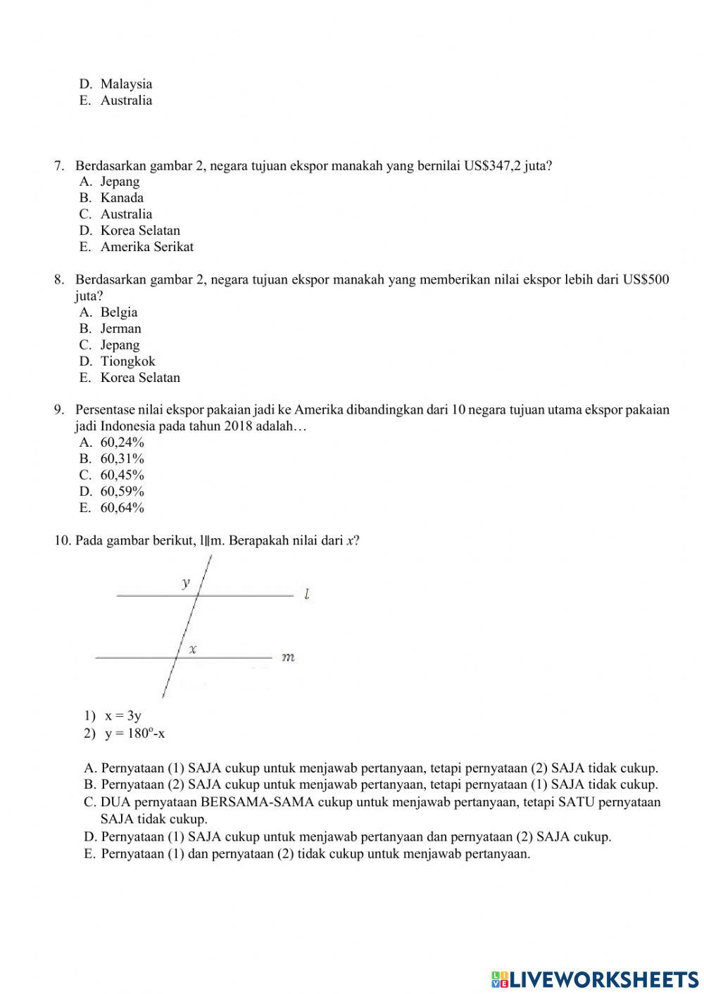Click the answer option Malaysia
point(125,84)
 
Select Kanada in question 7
point(121,198)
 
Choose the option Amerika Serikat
point(146,247)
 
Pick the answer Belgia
point(118,312)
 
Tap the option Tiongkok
point(127,362)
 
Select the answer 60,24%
point(122,442)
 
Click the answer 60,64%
point(122,508)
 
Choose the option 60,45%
point(122,475)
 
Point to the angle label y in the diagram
point(186,582)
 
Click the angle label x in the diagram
point(192,649)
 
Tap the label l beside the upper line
point(307,595)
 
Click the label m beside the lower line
point(288,658)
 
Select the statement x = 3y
point(123,716)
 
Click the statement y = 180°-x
point(134,734)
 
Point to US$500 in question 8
point(646,280)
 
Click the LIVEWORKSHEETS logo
point(595,979)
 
